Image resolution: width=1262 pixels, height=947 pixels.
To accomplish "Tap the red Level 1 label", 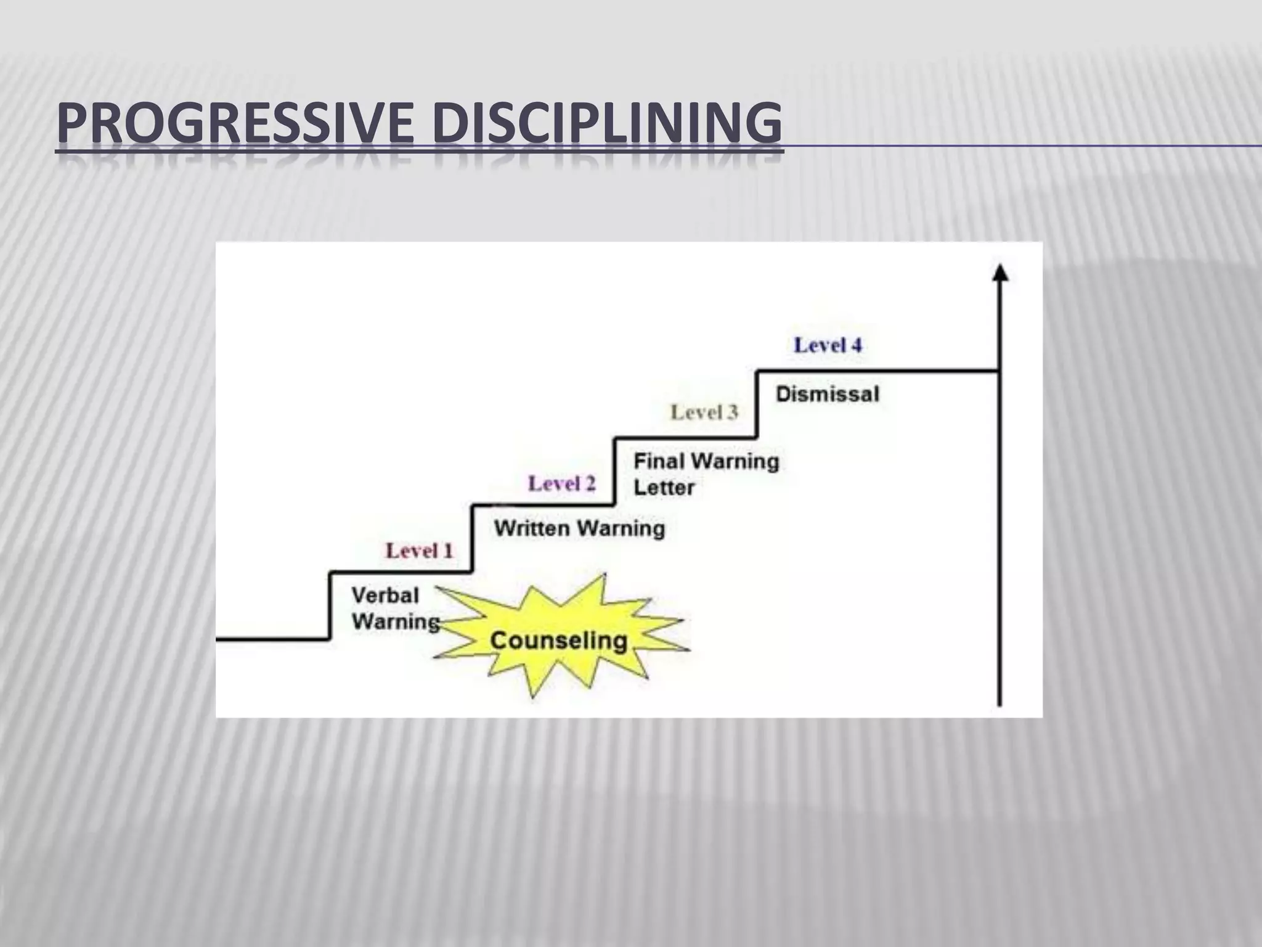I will click(x=419, y=551).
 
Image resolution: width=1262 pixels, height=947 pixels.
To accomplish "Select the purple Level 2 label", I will click(x=561, y=484).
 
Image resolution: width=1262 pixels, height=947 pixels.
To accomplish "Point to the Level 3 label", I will click(x=704, y=412).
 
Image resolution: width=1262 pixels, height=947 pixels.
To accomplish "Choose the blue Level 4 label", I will click(x=827, y=345).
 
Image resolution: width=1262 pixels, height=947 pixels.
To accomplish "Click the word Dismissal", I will click(x=827, y=394).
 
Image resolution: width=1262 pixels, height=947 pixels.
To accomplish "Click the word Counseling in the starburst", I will click(x=558, y=641).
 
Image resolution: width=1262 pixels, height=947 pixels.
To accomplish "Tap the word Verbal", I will click(x=385, y=596).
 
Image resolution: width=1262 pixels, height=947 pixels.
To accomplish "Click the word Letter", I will click(x=664, y=488).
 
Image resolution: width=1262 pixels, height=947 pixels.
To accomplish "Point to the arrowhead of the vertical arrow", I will click(x=999, y=273).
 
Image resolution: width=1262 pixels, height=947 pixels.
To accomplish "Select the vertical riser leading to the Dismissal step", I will click(x=756, y=404).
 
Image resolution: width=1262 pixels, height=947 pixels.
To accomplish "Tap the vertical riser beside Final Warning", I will click(x=614, y=472).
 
